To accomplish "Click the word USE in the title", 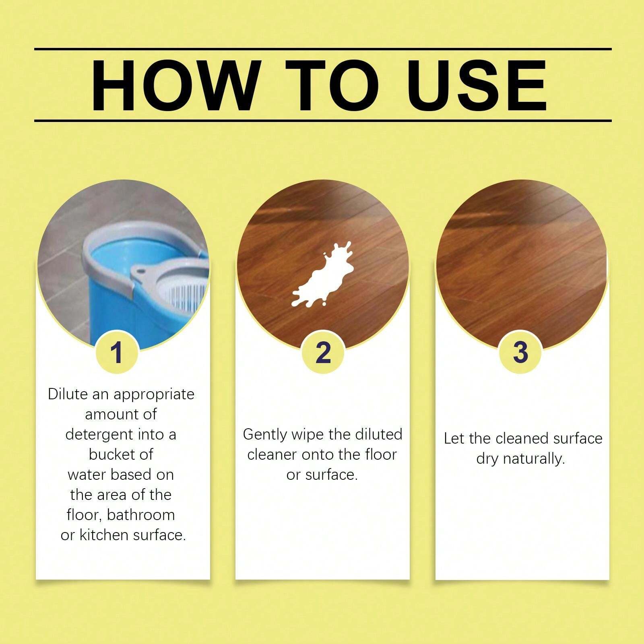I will (479, 85).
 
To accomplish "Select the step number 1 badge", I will (117, 353).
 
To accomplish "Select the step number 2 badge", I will (323, 353).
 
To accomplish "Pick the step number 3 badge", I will (520, 352).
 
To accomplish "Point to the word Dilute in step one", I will (67, 394).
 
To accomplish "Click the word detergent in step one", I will (99, 434).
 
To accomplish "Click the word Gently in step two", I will (265, 435).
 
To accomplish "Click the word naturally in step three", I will (533, 459).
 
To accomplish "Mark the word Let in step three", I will (454, 438).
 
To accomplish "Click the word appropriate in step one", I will (154, 394).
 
